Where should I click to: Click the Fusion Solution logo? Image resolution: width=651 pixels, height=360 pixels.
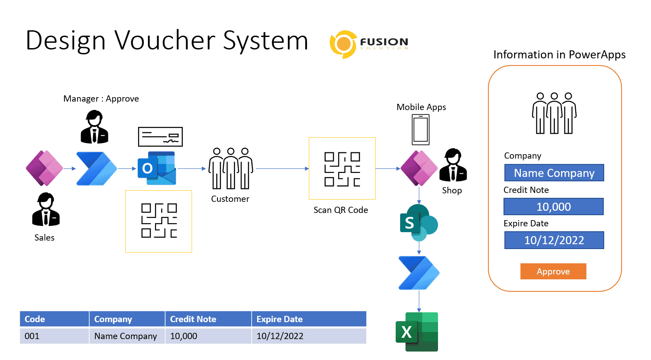click(x=368, y=43)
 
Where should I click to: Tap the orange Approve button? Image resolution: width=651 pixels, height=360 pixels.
click(x=553, y=272)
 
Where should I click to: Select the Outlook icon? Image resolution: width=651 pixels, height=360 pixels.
click(x=156, y=168)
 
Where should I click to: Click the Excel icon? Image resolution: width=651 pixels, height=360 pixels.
click(x=417, y=332)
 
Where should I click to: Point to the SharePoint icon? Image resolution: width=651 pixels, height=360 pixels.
click(x=418, y=222)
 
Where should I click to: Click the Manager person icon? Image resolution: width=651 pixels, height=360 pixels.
click(x=94, y=127)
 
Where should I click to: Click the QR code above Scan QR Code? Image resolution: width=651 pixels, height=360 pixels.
click(x=342, y=168)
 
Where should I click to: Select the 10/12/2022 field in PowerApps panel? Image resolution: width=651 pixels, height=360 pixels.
click(x=554, y=240)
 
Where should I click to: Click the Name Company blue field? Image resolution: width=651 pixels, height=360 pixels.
click(x=554, y=173)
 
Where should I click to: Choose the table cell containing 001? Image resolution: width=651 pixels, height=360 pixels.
click(x=54, y=336)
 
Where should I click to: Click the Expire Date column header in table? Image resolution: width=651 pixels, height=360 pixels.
click(x=308, y=319)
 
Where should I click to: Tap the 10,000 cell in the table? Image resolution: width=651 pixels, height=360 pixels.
click(x=208, y=336)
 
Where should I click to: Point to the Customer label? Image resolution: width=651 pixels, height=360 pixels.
click(x=230, y=199)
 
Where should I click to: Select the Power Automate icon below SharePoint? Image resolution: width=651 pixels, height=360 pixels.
click(x=418, y=273)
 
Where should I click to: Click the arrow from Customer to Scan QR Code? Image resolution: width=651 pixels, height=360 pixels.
click(x=282, y=169)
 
